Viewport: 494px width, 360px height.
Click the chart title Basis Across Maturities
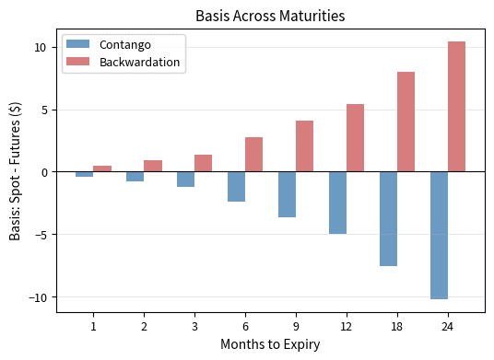(x=271, y=16)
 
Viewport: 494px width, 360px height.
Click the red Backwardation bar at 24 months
(x=456, y=107)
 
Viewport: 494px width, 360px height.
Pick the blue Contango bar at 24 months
(x=439, y=235)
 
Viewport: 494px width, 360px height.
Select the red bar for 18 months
(x=406, y=122)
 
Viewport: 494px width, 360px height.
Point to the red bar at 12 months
(x=355, y=138)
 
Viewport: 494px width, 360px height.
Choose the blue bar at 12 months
(x=337, y=203)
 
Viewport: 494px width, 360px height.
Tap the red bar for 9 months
(x=304, y=146)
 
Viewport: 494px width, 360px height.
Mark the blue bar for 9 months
(x=287, y=194)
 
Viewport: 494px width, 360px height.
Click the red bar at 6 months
(x=253, y=155)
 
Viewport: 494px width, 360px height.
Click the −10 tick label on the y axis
(x=38, y=297)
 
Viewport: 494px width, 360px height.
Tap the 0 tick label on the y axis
(x=44, y=172)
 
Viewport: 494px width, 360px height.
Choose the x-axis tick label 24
(x=448, y=326)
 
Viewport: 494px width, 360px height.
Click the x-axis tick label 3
(x=194, y=326)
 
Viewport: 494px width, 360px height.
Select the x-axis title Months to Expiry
(x=271, y=344)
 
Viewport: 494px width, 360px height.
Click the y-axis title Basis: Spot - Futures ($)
(x=16, y=172)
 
